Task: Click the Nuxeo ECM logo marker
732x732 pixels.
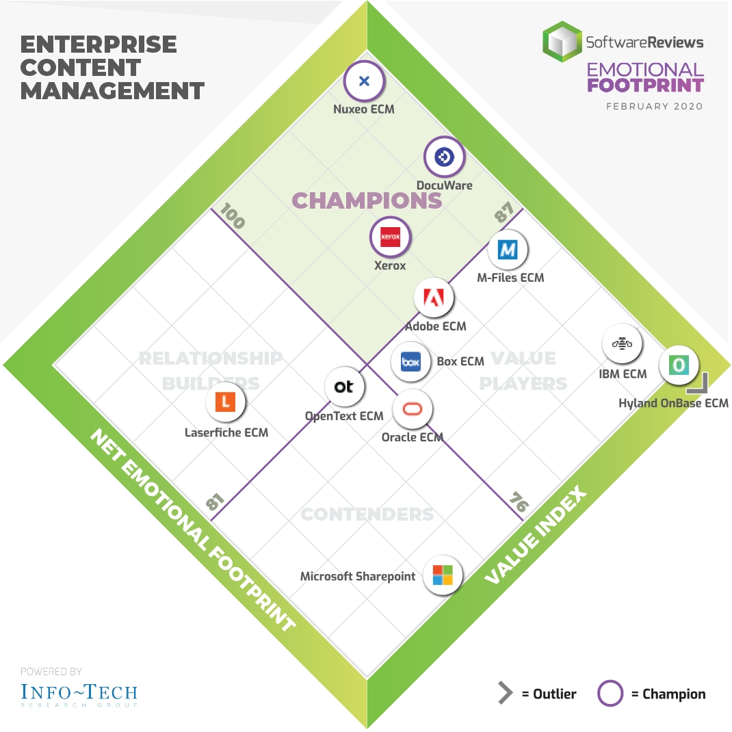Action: point(364,81)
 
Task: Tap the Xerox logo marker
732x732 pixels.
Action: point(390,237)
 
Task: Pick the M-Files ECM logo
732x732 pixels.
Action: point(508,250)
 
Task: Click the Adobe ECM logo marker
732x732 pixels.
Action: point(434,298)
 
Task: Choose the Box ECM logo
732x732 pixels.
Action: point(410,361)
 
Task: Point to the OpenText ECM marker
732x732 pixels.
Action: point(344,387)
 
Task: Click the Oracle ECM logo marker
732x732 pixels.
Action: point(413,410)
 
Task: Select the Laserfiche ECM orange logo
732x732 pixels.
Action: point(225,402)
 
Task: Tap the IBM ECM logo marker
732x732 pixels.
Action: point(622,344)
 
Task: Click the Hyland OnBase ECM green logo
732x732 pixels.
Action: point(679,365)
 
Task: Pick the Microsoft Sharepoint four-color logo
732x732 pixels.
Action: point(442,575)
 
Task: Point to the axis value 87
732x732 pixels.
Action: point(504,215)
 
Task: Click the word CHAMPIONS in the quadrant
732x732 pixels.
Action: point(367,200)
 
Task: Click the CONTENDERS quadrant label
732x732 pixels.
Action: point(367,514)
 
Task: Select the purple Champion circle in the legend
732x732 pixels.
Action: point(610,694)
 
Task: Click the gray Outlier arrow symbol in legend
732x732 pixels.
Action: point(505,694)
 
